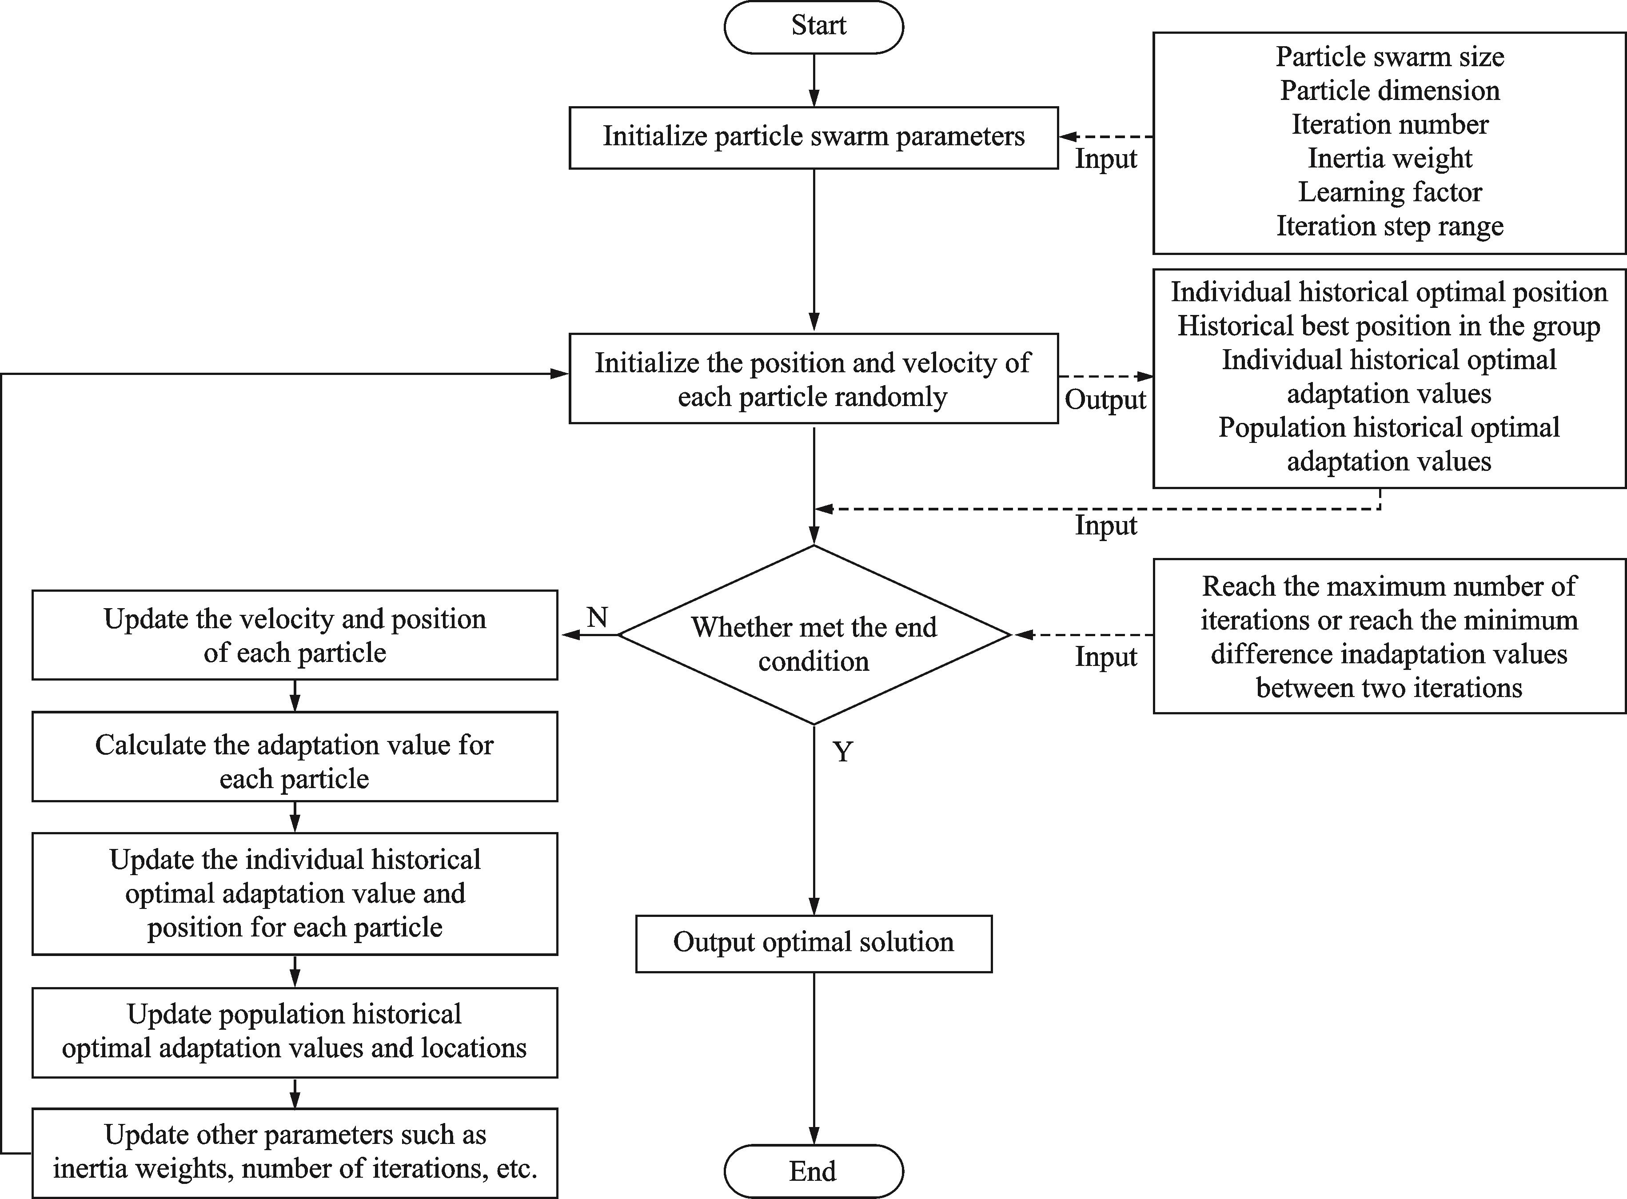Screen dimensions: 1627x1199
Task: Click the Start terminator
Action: point(813,26)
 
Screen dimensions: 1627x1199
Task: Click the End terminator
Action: point(813,1171)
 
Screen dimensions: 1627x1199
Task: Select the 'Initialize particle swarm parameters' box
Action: point(813,138)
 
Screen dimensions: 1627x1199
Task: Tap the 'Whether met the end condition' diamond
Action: point(813,635)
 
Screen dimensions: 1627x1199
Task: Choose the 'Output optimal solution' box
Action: point(813,944)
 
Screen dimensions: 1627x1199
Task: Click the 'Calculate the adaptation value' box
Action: point(295,756)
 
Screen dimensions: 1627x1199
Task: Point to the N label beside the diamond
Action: point(597,617)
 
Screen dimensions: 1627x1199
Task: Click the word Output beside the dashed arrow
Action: point(1105,400)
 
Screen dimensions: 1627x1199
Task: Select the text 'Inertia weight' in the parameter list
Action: point(1390,158)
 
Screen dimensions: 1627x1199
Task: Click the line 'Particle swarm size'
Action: point(1390,56)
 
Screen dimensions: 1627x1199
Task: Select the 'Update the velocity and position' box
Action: point(295,635)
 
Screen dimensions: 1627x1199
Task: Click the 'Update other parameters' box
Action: point(295,1152)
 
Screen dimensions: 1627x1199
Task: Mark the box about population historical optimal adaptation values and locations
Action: point(295,1032)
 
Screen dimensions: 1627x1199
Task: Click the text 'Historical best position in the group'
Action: point(1389,327)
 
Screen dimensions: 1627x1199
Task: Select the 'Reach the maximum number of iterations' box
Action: point(1389,636)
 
